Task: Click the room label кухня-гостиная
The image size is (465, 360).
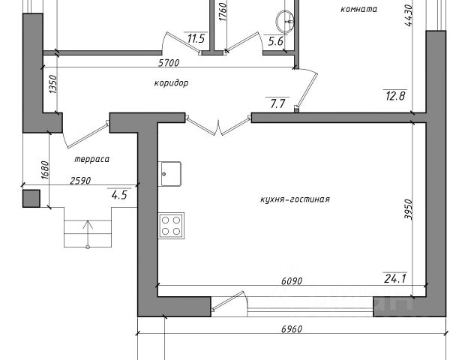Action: (295, 199)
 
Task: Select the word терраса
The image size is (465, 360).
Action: (92, 160)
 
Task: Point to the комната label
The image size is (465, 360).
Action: (358, 10)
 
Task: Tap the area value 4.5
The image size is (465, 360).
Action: (118, 196)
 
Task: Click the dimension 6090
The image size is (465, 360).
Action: (291, 281)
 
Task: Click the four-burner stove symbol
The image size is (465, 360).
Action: (172, 224)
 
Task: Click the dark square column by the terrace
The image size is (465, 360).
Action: (31, 198)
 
